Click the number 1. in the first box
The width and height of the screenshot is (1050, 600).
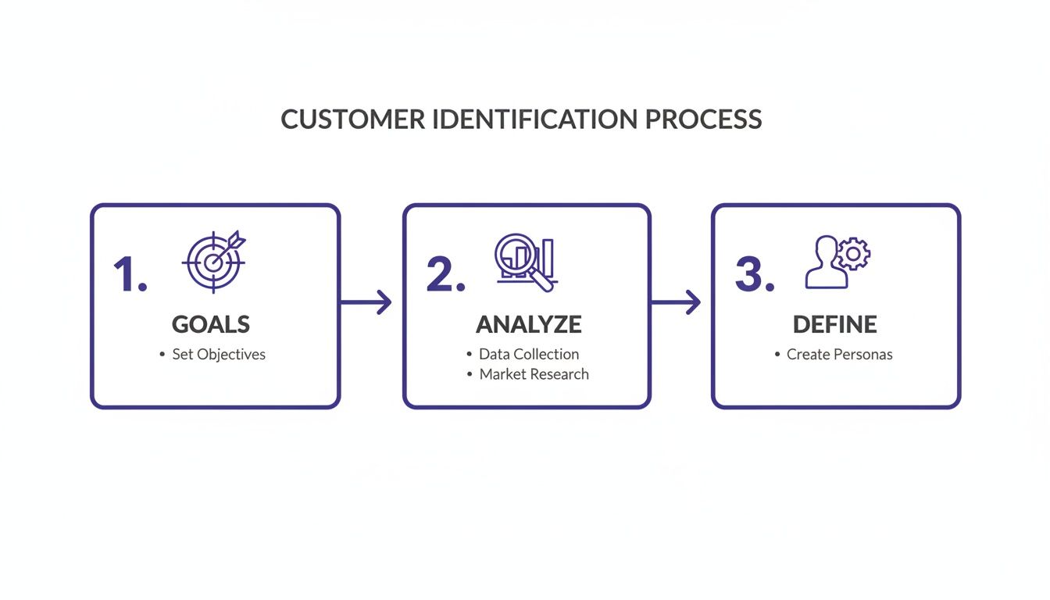pos(130,275)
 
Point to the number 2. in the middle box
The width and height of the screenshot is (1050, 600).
pos(445,275)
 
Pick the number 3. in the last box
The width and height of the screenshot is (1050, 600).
pos(754,275)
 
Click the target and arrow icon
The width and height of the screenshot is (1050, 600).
pos(213,261)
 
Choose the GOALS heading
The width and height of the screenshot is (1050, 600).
pos(211,324)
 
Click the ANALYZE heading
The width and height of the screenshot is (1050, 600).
pos(529,324)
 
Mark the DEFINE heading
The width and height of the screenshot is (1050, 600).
pos(834,324)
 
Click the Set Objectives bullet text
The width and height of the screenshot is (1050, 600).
pos(219,355)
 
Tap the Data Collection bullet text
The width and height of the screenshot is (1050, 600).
pos(529,355)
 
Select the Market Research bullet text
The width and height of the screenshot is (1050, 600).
pos(534,374)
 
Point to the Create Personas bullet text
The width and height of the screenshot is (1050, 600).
pos(839,355)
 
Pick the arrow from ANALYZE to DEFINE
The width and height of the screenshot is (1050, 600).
pos(676,302)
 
